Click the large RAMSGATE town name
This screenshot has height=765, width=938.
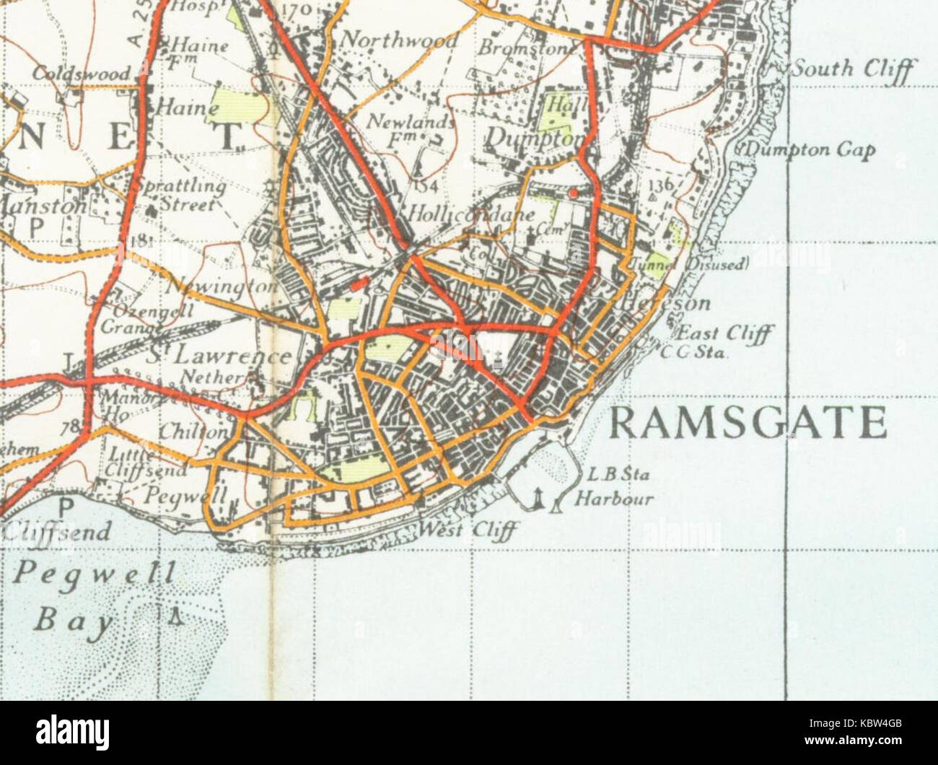click(x=748, y=423)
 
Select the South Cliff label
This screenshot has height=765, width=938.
click(x=854, y=70)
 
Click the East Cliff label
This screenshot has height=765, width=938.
click(x=724, y=333)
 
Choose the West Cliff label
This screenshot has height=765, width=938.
click(x=469, y=530)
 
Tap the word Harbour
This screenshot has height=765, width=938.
click(x=614, y=498)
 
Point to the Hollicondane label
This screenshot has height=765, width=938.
click(x=471, y=214)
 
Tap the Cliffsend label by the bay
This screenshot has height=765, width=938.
click(x=58, y=532)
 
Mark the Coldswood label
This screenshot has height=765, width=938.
click(x=81, y=74)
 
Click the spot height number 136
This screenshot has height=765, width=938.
click(x=659, y=185)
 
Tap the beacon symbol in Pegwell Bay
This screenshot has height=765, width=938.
click(x=173, y=616)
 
